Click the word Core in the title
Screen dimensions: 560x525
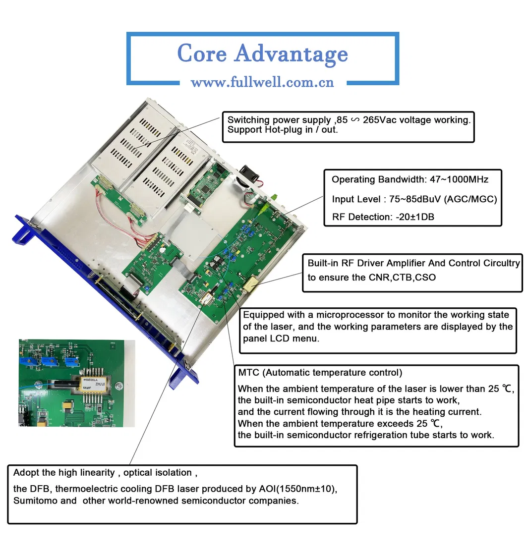pos(202,54)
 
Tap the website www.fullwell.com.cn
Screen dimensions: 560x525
pos(262,82)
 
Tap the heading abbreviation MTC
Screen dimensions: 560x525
pos(249,372)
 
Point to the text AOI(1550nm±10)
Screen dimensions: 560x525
pos(297,489)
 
